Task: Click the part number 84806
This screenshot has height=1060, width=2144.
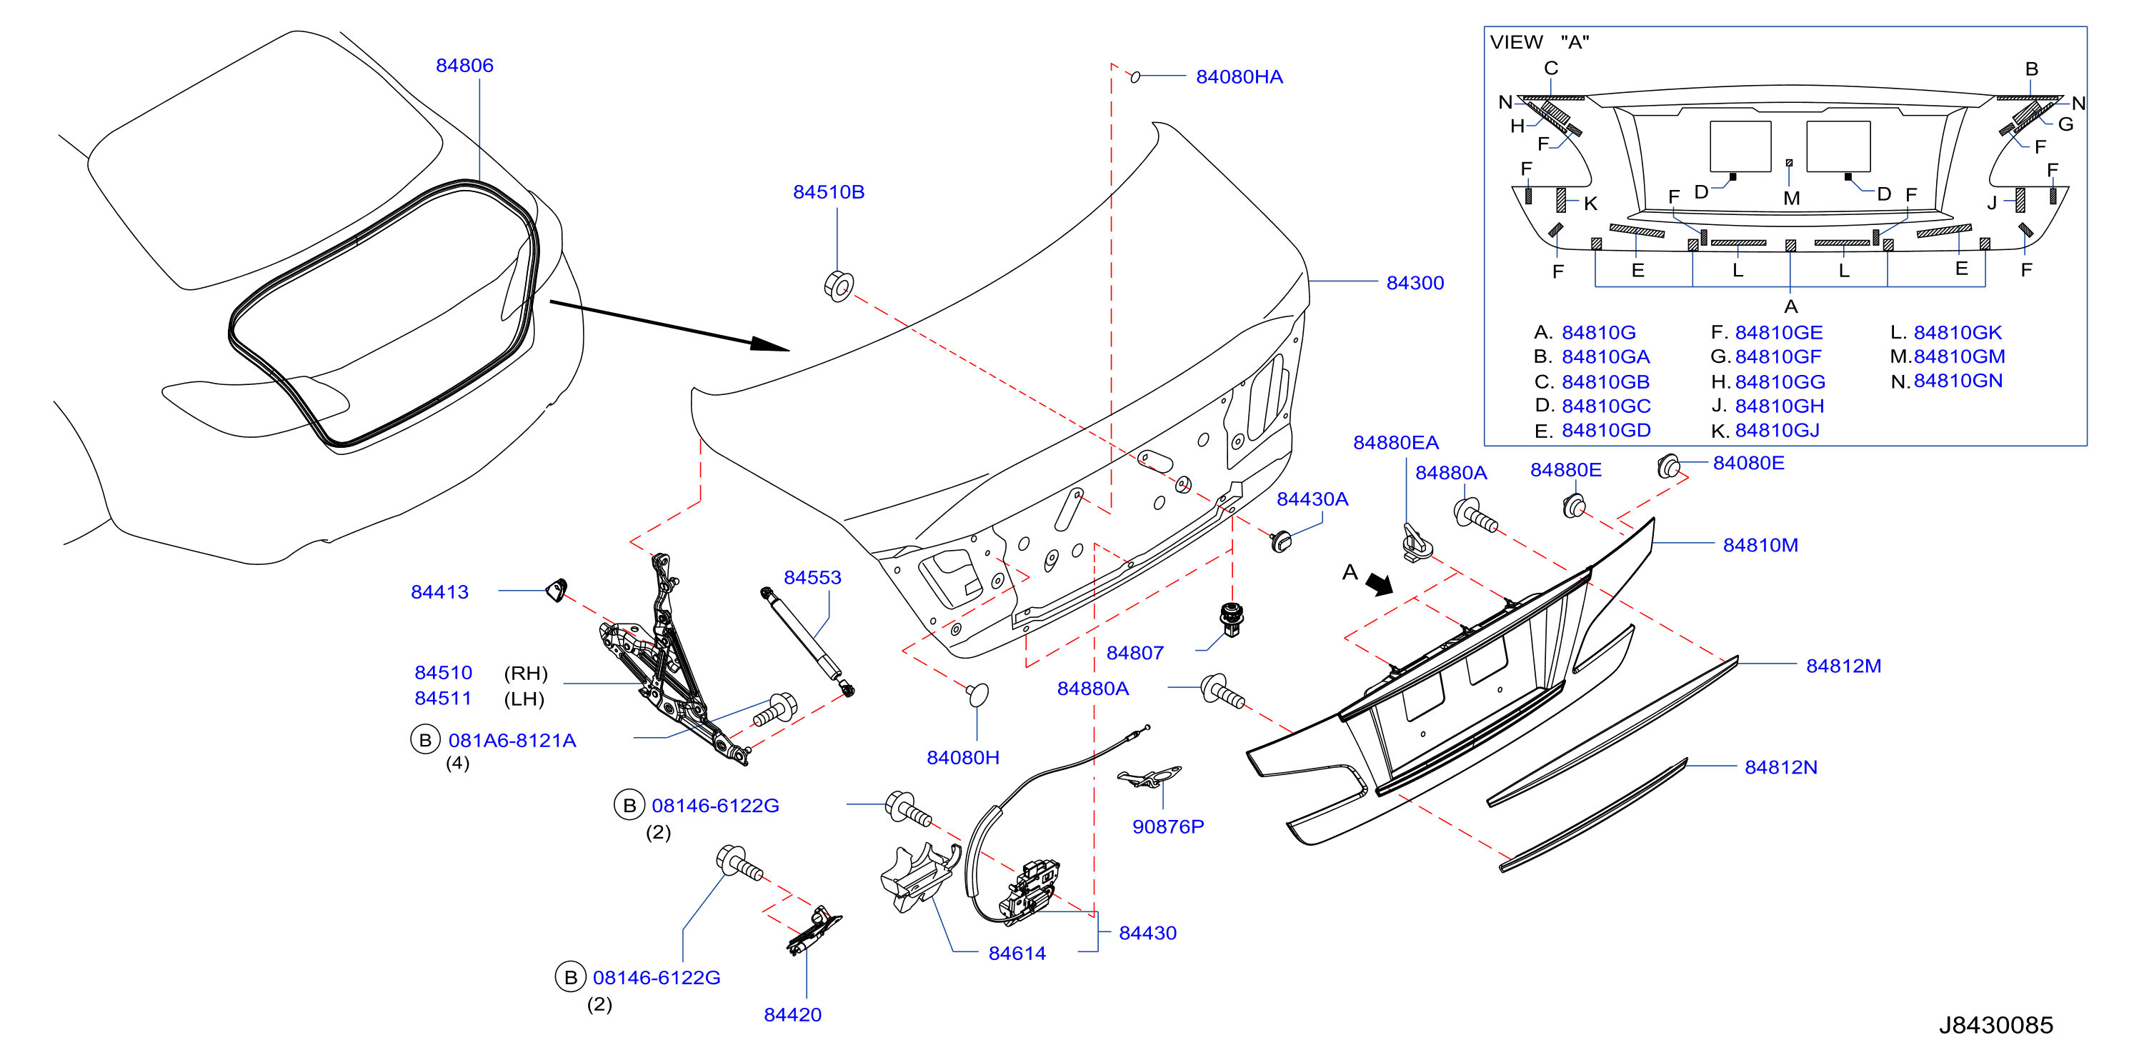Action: pos(464,65)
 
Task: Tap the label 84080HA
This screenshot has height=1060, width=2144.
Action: pos(1240,76)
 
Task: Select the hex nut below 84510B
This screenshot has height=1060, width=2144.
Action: pos(839,286)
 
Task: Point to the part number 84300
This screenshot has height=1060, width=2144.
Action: pos(1415,283)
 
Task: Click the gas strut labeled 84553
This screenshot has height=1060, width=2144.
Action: pos(807,642)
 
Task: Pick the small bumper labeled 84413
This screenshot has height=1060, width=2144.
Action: pos(556,590)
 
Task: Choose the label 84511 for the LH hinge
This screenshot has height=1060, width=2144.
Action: pos(443,698)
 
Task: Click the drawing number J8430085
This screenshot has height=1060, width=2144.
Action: pos(1996,1025)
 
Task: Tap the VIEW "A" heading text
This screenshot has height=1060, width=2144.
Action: pos(1540,41)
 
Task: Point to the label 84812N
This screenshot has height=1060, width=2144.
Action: pos(1781,767)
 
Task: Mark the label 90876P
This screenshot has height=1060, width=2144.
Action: pos(1167,826)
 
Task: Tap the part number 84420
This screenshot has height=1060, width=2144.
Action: pos(792,1014)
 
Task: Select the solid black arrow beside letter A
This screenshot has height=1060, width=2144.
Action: pos(1380,585)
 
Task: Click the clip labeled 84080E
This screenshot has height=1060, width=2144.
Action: pos(1668,466)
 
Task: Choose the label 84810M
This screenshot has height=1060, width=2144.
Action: pos(1760,545)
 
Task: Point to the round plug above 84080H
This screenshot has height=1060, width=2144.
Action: pos(977,694)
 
